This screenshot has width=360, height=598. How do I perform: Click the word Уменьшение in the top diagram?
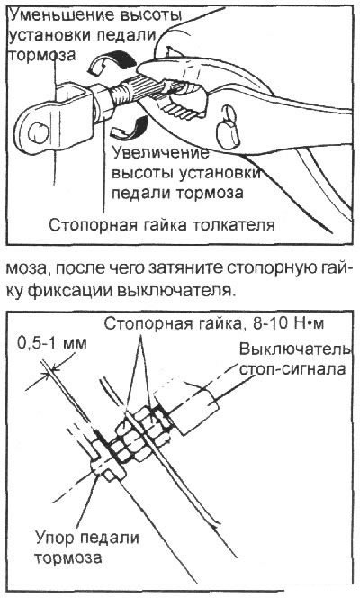[x=57, y=14]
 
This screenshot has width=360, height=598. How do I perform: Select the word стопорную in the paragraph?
[x=275, y=270]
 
